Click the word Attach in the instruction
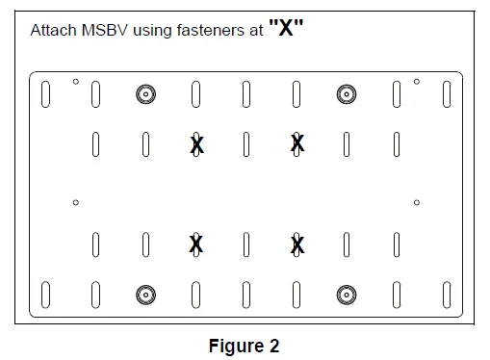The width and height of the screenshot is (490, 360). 51,31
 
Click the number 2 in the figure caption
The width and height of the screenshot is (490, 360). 273,346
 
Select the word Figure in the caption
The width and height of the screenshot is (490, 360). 236,346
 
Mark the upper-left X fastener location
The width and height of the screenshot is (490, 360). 196,144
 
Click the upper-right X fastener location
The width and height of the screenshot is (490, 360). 297,144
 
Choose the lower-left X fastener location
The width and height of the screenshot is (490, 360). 196,244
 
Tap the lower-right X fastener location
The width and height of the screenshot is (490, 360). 297,244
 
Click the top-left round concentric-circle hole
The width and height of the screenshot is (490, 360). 145,93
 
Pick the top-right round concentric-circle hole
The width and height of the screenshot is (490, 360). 346,93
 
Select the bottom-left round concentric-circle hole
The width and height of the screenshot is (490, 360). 145,294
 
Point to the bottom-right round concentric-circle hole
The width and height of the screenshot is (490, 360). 346,294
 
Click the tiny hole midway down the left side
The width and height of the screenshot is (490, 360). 76,202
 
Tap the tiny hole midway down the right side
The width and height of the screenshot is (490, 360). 417,202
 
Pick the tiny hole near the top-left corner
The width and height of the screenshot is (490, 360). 76,82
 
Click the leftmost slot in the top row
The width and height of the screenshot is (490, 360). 45,94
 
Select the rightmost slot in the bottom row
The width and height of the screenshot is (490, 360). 447,294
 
